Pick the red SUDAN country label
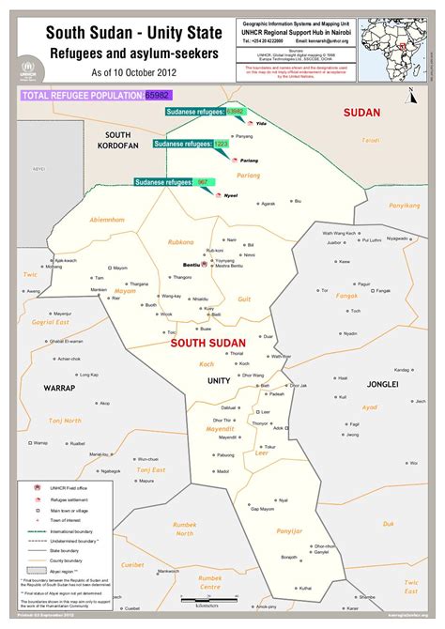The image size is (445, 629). coord(361,113)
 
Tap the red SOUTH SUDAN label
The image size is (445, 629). coord(207,344)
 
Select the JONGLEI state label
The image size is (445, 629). coord(382,384)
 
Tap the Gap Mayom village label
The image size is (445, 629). coord(268,509)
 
